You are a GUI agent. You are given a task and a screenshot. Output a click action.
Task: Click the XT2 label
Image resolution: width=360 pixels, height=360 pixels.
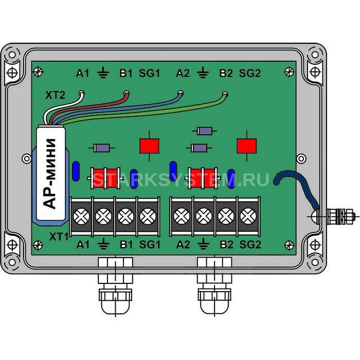click(55, 95)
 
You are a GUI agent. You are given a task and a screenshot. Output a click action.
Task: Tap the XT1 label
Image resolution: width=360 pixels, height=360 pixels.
click(59, 237)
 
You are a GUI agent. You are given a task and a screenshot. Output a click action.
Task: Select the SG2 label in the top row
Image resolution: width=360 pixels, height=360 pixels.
click(250, 73)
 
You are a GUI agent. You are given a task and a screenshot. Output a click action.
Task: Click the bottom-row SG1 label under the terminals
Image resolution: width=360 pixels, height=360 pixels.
click(150, 244)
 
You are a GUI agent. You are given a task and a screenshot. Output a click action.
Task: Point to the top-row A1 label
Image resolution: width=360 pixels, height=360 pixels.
click(82, 74)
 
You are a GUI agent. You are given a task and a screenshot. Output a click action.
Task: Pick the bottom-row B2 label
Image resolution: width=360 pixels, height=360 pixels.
click(226, 244)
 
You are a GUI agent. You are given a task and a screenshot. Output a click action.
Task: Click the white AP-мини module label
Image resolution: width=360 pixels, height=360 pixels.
click(51, 174)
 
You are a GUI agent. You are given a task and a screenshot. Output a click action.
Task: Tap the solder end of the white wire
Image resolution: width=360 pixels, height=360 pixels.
click(81, 93)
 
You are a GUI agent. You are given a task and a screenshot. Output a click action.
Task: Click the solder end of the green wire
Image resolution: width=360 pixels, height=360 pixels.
click(225, 94)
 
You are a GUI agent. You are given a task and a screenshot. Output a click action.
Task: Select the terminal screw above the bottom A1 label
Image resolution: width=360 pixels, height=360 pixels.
click(81, 217)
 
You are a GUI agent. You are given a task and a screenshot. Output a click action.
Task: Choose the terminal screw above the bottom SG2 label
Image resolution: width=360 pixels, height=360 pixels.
click(248, 217)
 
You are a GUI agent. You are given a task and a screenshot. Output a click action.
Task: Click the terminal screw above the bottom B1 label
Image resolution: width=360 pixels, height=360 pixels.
click(125, 217)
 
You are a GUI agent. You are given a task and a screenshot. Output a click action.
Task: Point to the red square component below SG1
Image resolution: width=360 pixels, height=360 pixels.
click(150, 146)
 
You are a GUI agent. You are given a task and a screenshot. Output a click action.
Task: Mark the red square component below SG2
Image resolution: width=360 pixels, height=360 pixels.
click(247, 146)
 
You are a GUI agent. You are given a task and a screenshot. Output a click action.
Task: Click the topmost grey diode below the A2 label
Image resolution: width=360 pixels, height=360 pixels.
click(205, 131)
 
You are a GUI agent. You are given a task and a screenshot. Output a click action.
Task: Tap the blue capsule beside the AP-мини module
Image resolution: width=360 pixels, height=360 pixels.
click(76, 171)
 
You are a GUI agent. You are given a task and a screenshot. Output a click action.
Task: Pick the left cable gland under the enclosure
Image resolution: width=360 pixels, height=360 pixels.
click(116, 285)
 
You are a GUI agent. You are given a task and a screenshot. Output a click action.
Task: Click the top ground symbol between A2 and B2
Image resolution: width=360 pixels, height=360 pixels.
click(203, 73)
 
